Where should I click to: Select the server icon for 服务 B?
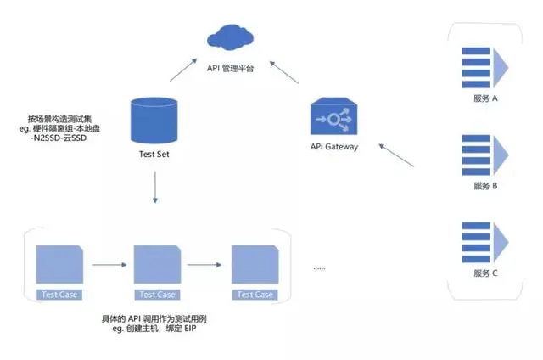[484, 153]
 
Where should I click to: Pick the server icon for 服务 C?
[484, 241]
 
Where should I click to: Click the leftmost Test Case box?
[59, 271]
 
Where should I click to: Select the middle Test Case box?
[157, 271]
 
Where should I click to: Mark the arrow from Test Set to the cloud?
[184, 70]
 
